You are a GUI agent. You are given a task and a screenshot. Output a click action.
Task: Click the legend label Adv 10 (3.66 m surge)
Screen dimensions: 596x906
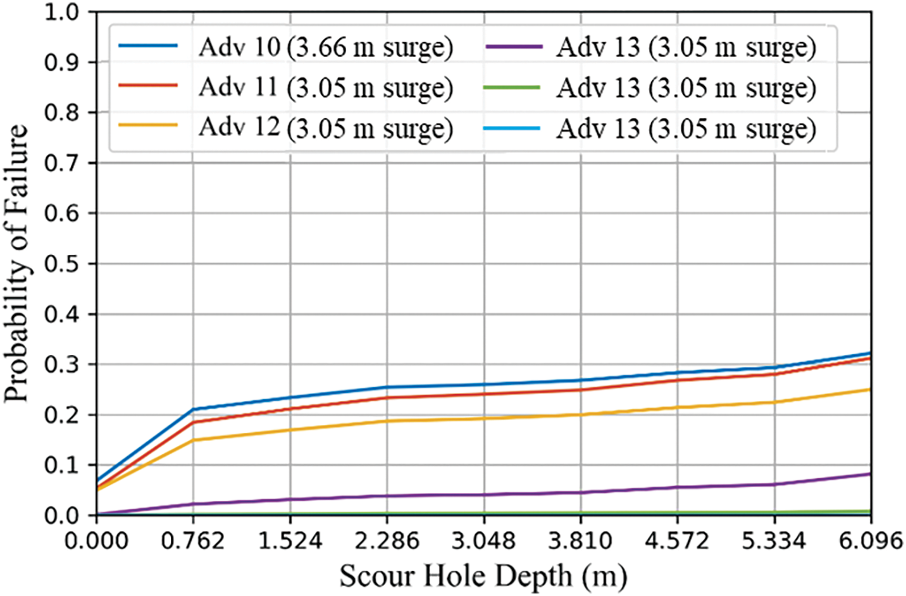[325, 48]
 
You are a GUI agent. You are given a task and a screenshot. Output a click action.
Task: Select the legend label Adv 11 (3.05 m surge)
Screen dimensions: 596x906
[325, 88]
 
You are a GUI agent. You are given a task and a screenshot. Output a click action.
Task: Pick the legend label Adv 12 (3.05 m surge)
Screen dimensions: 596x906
[325, 128]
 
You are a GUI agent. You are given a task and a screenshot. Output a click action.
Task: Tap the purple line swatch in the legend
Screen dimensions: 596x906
[512, 47]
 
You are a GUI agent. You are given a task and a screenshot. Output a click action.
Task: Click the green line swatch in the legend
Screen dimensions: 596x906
[512, 87]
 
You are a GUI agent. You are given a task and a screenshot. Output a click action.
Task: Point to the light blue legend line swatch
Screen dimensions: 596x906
[512, 128]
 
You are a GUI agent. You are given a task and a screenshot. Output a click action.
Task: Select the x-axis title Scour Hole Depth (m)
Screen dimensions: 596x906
[483, 576]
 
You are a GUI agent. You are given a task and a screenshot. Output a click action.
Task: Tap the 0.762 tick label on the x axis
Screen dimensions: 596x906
[193, 542]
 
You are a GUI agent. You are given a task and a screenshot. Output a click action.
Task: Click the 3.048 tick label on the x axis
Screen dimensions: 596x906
[484, 542]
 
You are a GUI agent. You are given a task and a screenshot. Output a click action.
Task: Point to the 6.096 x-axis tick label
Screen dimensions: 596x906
[871, 542]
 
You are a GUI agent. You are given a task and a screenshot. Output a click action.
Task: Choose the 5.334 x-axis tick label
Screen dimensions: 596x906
[774, 542]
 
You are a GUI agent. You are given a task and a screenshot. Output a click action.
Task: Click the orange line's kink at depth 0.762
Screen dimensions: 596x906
[194, 440]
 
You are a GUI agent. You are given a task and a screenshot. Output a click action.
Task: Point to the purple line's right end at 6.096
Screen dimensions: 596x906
[871, 474]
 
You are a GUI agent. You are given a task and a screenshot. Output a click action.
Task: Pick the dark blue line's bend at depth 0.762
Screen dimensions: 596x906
[194, 409]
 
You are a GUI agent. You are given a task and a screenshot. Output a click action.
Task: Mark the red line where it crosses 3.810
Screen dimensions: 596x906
[581, 389]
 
